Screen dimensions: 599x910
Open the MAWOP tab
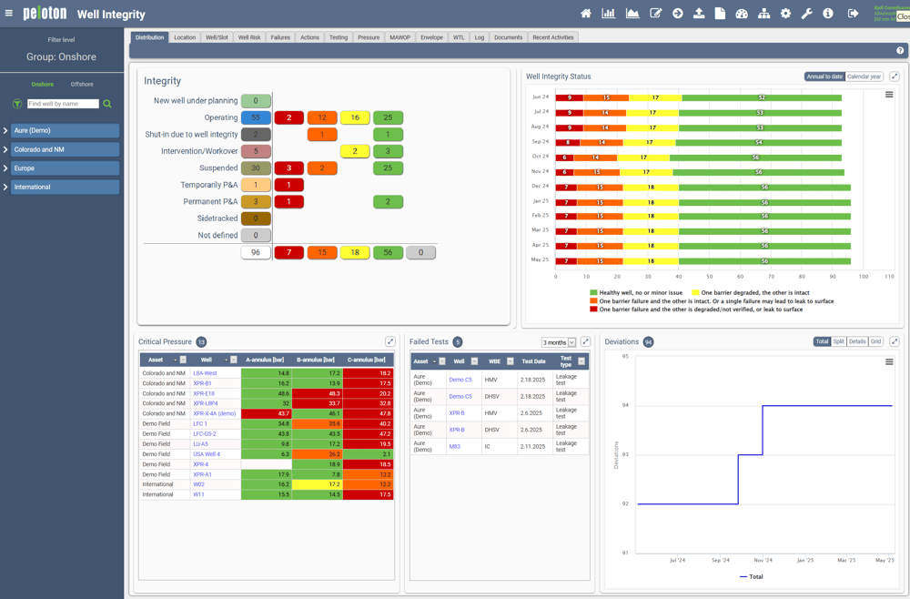399,37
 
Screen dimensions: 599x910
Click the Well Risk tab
249,37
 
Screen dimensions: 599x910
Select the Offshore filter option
82,85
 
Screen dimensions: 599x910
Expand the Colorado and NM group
5,149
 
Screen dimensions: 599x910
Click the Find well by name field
63,104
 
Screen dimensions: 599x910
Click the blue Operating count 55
256,117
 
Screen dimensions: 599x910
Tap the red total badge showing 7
288,252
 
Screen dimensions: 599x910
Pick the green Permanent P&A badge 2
388,201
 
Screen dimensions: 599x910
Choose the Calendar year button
864,76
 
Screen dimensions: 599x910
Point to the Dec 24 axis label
541,186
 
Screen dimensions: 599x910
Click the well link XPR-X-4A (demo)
214,413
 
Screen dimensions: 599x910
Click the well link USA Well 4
207,454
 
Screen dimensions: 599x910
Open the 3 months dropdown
559,342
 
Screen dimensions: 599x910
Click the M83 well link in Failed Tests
454,447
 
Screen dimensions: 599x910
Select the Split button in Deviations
839,342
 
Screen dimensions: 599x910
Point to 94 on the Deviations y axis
625,405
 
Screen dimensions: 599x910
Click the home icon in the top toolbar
586,14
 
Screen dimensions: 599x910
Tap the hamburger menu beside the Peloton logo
9,14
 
